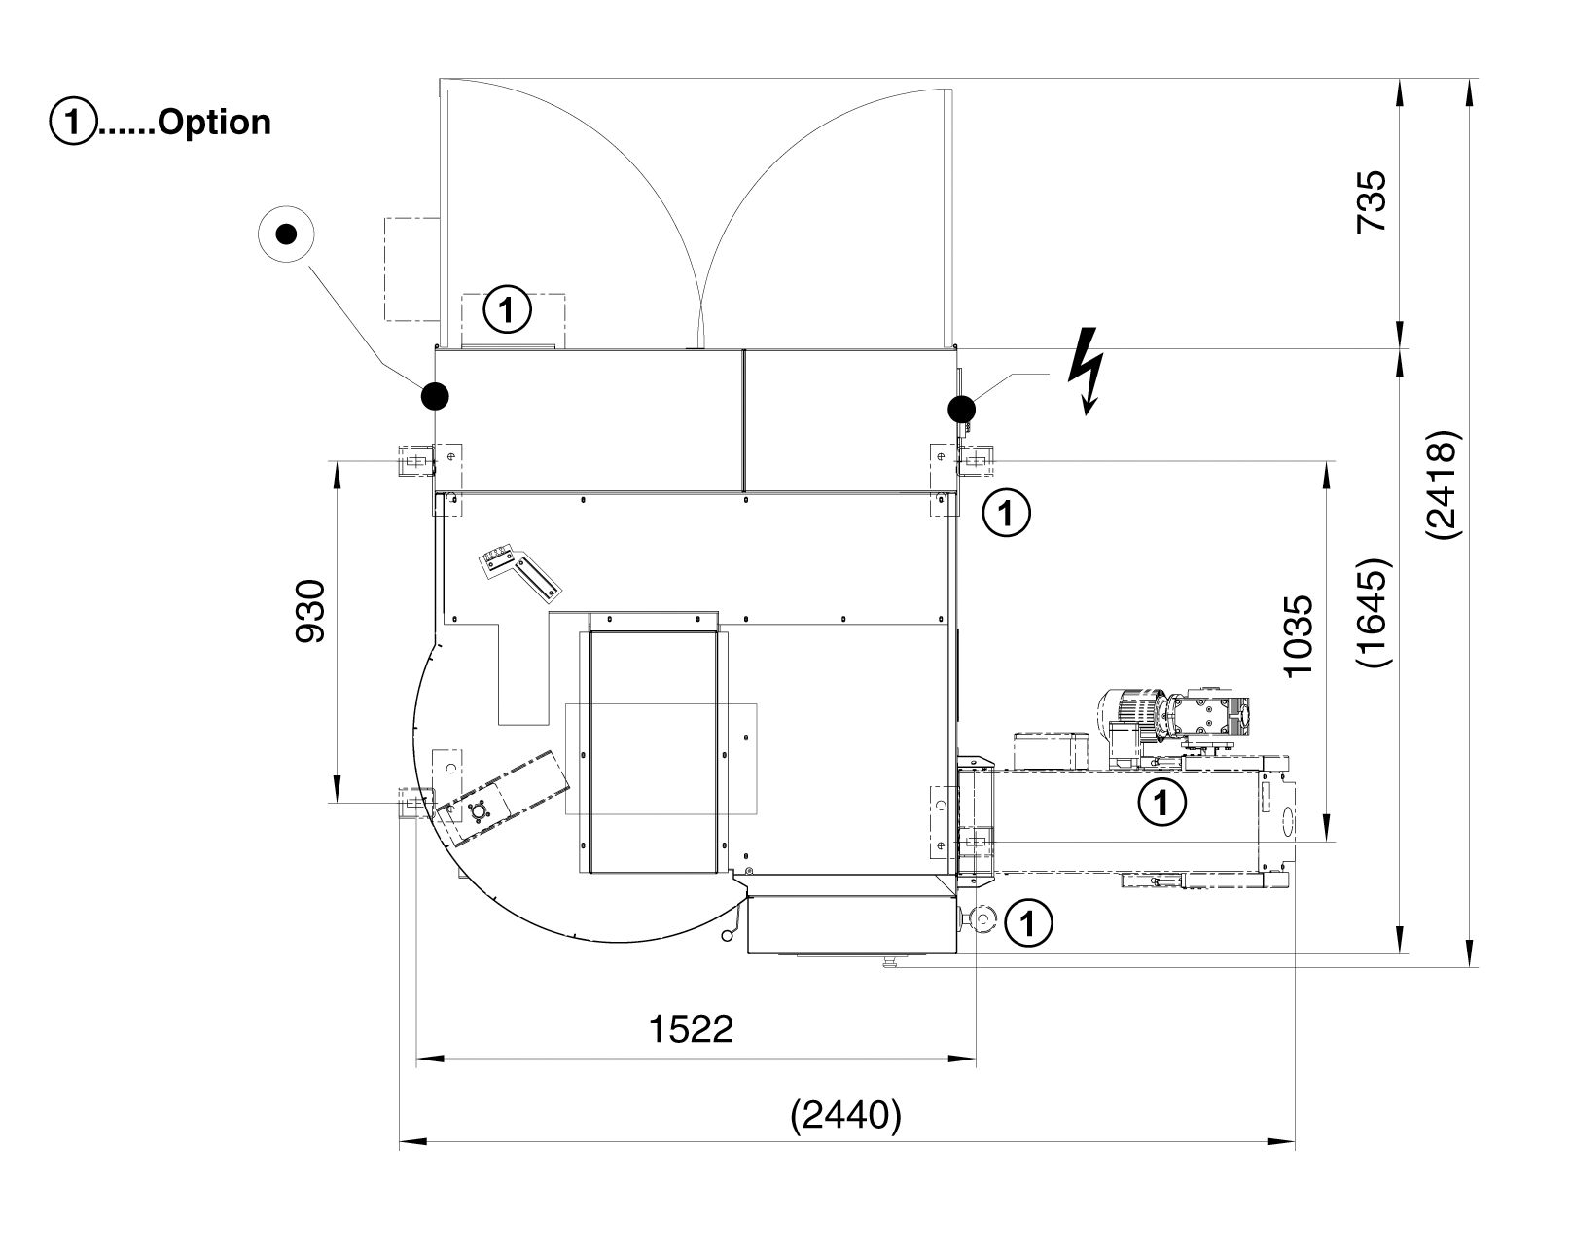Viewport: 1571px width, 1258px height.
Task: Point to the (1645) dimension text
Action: [x=1374, y=612]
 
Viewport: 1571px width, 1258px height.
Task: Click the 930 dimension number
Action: [x=311, y=612]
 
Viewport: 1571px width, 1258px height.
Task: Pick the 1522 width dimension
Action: [x=691, y=1028]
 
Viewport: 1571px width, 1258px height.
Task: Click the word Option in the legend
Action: [x=214, y=123]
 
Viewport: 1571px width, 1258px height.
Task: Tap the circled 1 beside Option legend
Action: [x=72, y=123]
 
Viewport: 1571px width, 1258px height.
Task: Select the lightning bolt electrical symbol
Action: [x=1087, y=381]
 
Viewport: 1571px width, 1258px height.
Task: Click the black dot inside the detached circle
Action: [x=285, y=234]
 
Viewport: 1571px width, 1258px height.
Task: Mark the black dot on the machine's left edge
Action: [x=435, y=395]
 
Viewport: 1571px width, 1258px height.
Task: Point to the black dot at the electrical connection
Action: [x=961, y=409]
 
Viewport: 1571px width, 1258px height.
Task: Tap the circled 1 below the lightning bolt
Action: [x=1007, y=512]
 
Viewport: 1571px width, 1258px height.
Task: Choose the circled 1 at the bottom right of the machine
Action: [x=1028, y=922]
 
